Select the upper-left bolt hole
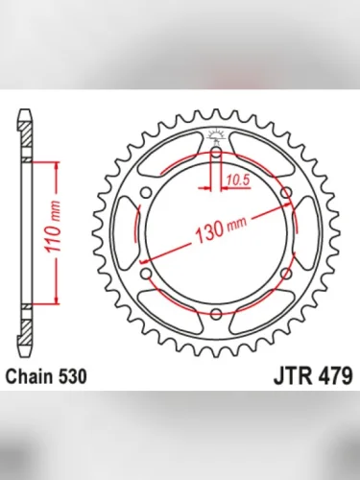pos(146,193)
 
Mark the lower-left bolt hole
pos(146,275)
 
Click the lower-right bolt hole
pos(286,275)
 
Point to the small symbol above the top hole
pos(216,135)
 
